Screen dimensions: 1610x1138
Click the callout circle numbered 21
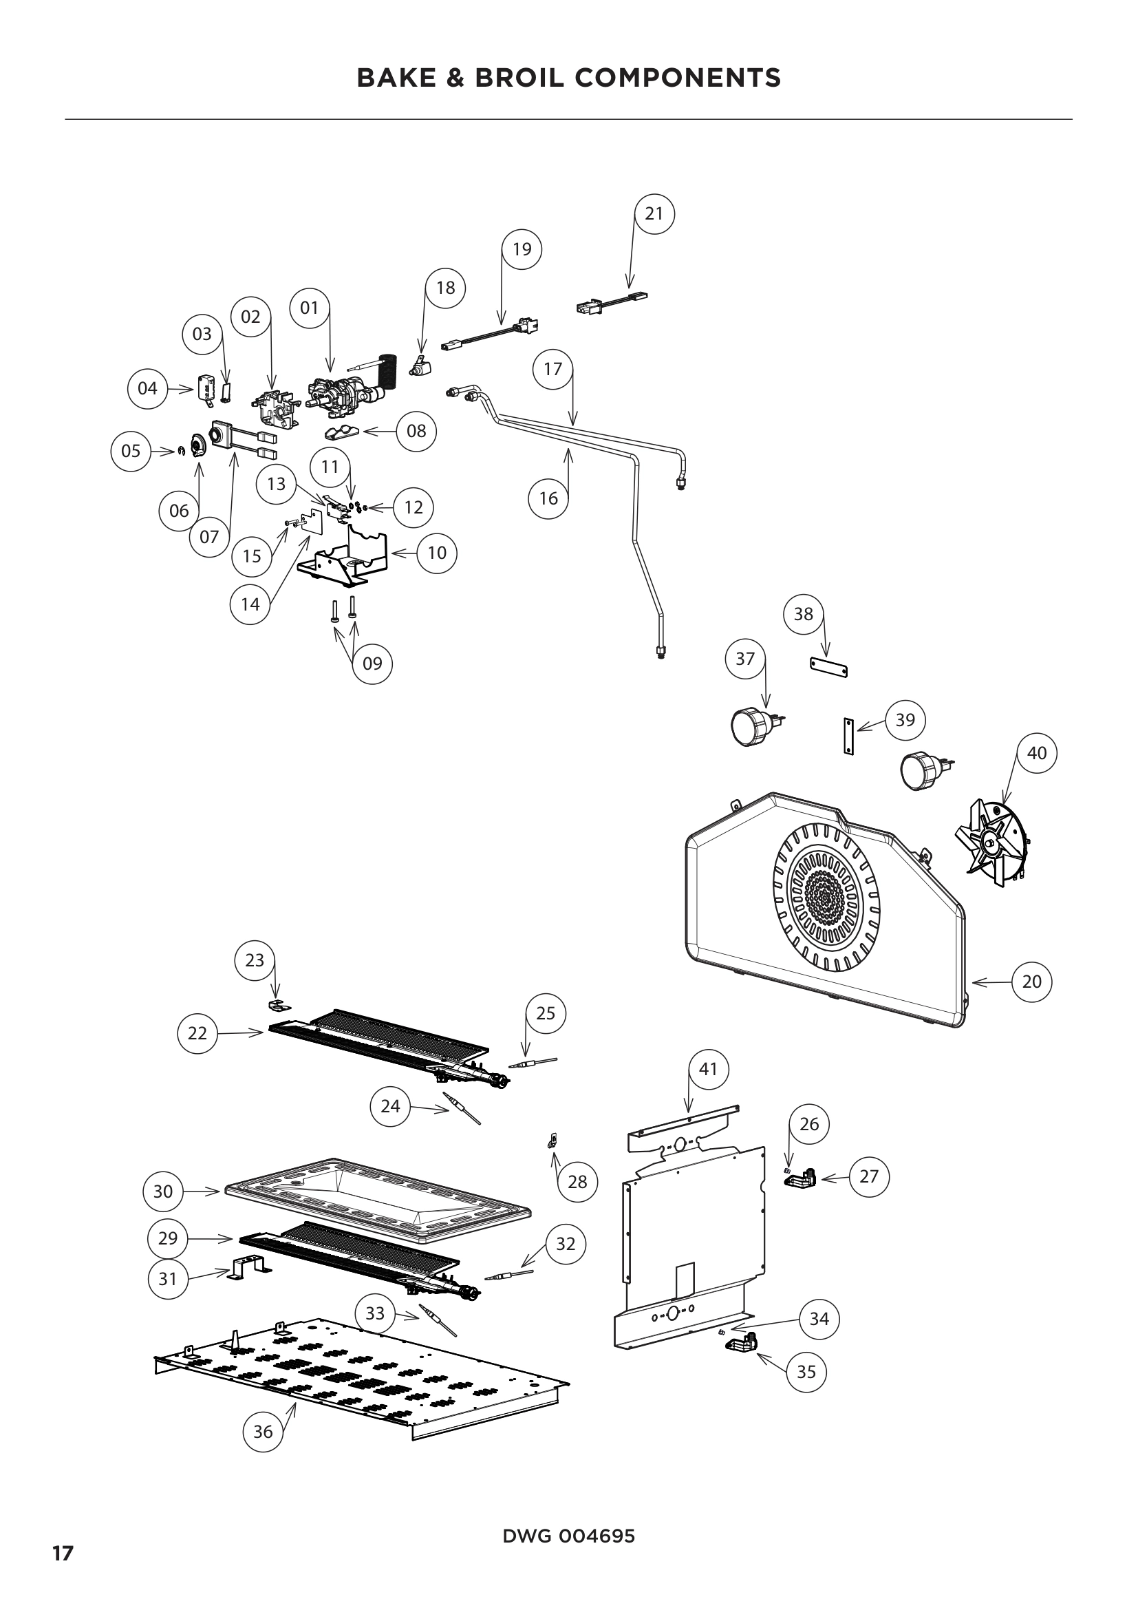pos(654,214)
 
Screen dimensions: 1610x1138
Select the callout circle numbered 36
pos(263,1432)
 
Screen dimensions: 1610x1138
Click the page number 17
pos(63,1554)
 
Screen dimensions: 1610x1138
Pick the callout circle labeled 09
pos(372,664)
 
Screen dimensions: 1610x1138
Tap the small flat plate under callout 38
pos(829,667)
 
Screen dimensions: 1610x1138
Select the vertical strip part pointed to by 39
pos(848,736)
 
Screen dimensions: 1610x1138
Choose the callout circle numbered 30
pos(162,1191)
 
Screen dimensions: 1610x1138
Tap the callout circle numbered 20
pos(1031,982)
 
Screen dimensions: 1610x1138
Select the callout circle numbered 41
pos(709,1070)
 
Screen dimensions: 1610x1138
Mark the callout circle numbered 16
pos(548,498)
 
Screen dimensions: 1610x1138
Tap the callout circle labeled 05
pos(131,451)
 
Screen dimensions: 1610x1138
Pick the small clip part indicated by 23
pos(278,1006)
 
